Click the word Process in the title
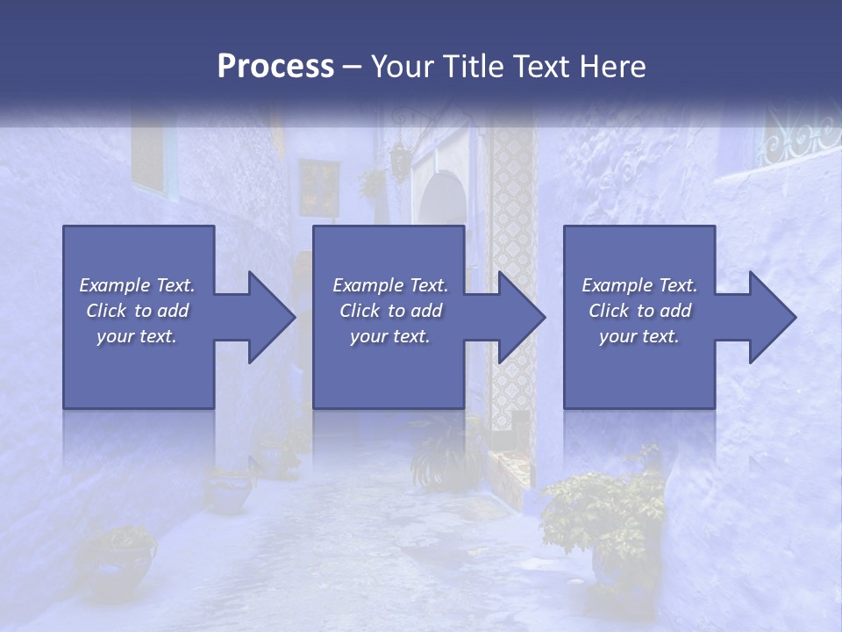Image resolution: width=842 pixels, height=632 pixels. [275, 66]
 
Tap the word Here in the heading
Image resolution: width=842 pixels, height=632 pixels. [612, 66]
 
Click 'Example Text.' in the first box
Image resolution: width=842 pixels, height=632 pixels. [138, 285]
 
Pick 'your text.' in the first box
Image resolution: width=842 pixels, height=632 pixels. [138, 336]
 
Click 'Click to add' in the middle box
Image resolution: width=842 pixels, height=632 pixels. [390, 311]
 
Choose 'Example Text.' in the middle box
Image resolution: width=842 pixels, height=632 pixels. [390, 285]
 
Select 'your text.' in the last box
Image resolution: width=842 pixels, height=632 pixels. [639, 336]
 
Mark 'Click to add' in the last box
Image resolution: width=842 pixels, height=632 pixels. [639, 311]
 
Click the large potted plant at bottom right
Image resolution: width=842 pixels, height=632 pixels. [605, 518]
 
